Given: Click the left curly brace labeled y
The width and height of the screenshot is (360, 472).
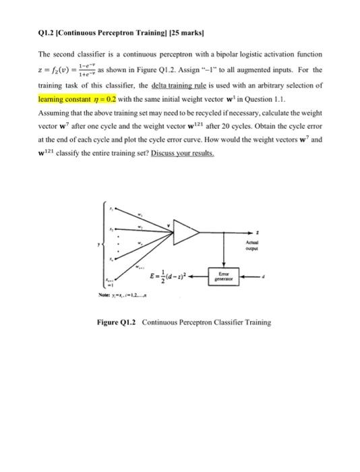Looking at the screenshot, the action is [x=105, y=243].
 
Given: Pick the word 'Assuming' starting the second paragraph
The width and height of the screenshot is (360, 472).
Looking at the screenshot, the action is [x=55, y=112].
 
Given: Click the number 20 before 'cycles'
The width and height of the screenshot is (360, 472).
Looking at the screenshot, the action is [x=251, y=127].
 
